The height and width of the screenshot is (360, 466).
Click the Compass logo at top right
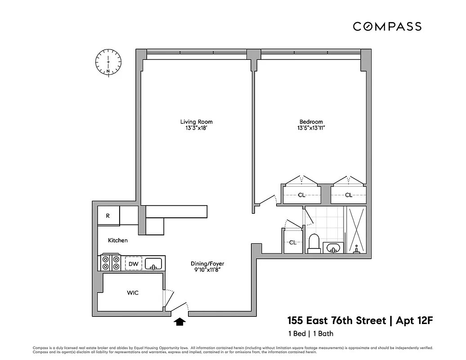tap(387, 27)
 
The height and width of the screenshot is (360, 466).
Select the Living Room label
tap(196, 121)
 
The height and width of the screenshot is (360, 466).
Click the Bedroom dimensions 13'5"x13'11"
tap(311, 128)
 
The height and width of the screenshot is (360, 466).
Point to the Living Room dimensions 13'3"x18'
tap(196, 128)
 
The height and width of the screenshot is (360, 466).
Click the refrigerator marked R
tap(108, 216)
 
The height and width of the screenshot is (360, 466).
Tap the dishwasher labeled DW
tap(134, 263)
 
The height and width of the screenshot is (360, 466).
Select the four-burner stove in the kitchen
tap(111, 262)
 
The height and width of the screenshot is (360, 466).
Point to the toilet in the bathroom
tap(314, 243)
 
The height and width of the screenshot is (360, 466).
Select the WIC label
tap(133, 293)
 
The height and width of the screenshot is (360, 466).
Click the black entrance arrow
tap(180, 321)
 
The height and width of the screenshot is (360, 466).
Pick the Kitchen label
tap(117, 240)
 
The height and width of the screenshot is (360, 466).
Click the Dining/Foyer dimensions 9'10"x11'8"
tap(207, 270)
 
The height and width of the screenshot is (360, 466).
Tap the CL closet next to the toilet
tap(293, 242)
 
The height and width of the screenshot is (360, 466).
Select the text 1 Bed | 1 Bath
tap(310, 333)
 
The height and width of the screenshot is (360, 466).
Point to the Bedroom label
tap(311, 121)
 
